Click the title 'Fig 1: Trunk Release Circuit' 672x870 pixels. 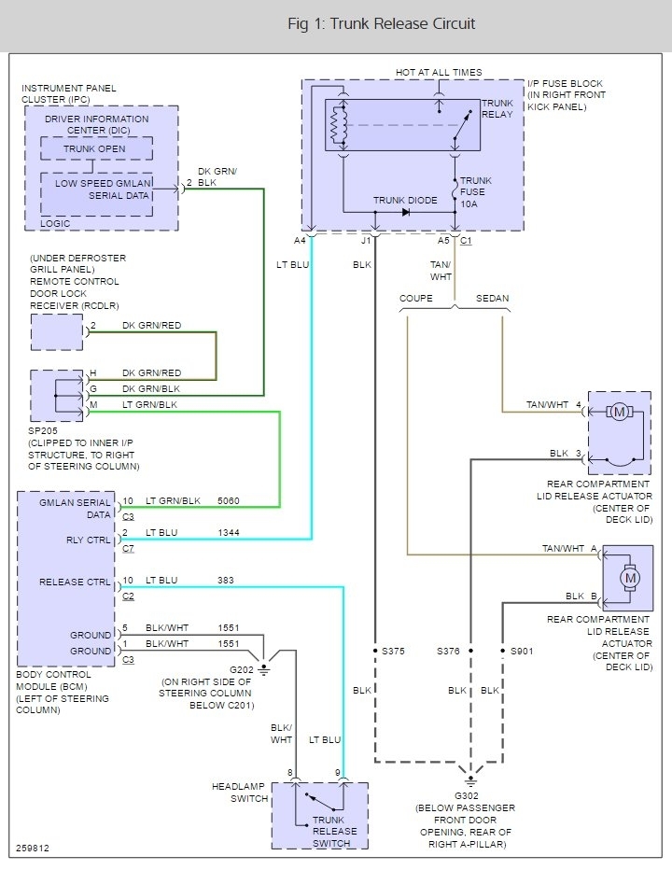point(381,23)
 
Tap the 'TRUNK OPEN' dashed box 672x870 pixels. point(94,149)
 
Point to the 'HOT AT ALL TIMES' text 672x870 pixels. point(439,73)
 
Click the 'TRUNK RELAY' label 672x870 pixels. point(497,108)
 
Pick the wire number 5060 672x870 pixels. point(228,501)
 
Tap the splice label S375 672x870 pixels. point(392,651)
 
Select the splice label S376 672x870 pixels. point(453,651)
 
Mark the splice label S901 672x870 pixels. point(520,651)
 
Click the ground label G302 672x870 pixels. point(470,795)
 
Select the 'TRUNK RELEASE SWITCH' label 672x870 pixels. point(334,831)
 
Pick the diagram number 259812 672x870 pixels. point(34,849)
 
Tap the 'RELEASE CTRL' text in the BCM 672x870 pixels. point(75,582)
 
